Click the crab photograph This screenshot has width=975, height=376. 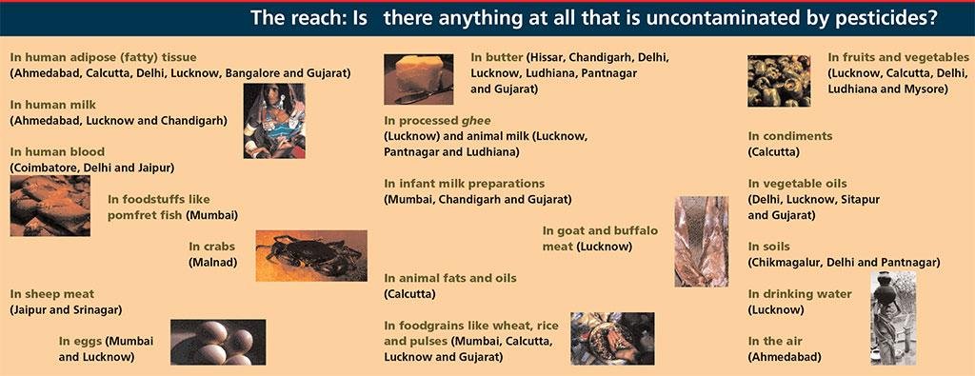tap(311, 255)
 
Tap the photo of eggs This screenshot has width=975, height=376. tap(218, 342)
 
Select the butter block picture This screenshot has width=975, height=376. tap(419, 79)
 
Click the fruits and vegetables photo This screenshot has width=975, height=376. tap(779, 81)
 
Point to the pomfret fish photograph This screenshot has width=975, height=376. tap(50, 206)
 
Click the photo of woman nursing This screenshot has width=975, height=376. tap(274, 121)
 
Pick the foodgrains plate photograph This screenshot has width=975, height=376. tap(612, 338)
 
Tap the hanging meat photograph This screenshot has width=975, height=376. tap(702, 241)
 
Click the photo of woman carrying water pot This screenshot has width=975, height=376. tap(893, 318)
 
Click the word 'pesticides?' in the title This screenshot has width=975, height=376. tap(879, 17)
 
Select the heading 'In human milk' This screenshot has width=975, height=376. tap(53, 105)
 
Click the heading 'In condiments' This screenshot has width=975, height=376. tap(789, 136)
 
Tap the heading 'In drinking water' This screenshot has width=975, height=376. tap(800, 294)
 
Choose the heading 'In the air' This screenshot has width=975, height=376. tap(775, 341)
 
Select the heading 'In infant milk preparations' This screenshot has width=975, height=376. tap(465, 184)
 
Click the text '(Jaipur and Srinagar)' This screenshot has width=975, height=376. tap(66, 309)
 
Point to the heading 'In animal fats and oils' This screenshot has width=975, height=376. tap(450, 278)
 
